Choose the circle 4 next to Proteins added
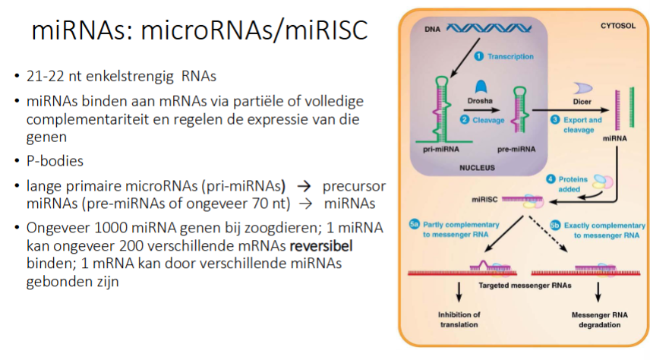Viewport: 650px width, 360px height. click(553, 178)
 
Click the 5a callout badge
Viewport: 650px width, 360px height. click(415, 225)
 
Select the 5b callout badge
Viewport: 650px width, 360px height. click(554, 225)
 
